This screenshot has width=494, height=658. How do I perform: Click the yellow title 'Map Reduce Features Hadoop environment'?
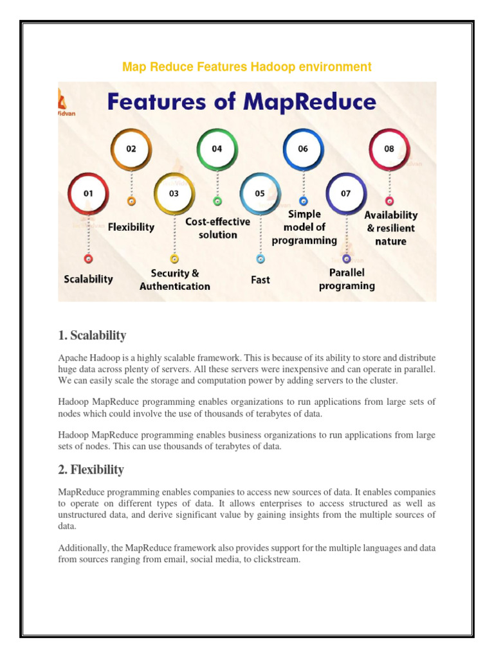[247, 67]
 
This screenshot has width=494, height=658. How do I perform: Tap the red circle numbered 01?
[89, 193]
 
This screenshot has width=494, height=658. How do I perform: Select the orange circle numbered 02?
[131, 149]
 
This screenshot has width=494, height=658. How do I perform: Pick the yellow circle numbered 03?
[174, 193]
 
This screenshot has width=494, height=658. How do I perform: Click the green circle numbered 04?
[217, 149]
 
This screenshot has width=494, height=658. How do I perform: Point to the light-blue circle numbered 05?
[260, 193]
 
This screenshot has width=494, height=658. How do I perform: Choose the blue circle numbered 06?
[303, 149]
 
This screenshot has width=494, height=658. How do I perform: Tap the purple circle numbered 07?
[346, 193]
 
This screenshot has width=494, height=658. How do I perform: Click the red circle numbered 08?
[389, 149]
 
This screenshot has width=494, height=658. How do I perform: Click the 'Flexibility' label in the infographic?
[131, 227]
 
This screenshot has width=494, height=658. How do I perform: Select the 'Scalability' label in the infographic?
[89, 279]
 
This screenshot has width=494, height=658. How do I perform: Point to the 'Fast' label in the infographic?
[260, 280]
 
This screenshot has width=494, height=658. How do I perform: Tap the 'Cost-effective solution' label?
[217, 228]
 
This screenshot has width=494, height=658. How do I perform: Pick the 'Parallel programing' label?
[347, 280]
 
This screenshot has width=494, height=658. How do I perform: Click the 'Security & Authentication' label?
[175, 280]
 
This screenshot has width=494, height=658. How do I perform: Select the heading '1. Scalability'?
[92, 335]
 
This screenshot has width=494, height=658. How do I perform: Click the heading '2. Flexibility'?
[91, 470]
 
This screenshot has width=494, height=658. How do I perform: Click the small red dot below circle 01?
[89, 259]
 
